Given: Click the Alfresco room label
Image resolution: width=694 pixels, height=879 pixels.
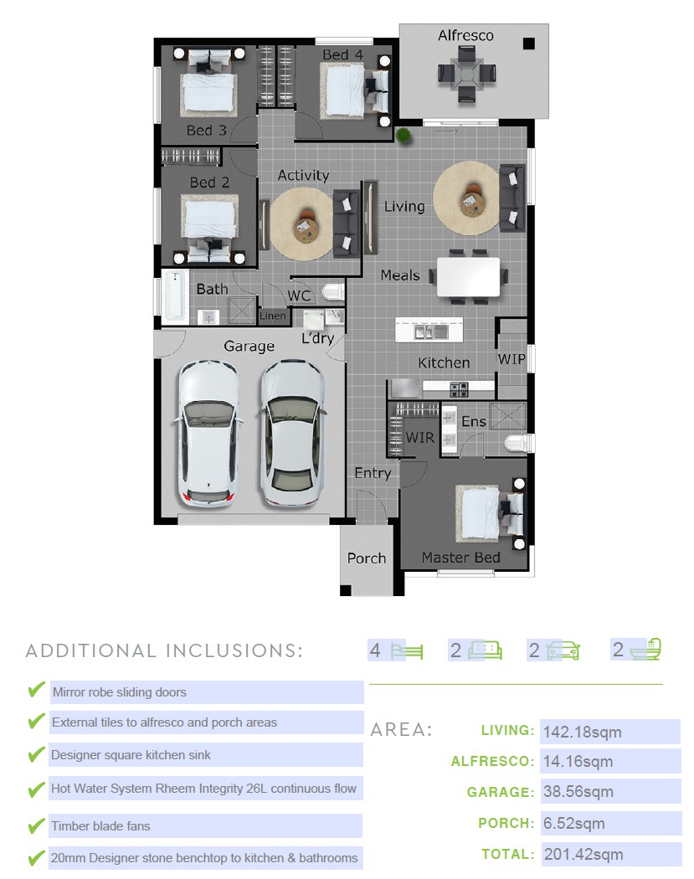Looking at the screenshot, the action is point(465,36).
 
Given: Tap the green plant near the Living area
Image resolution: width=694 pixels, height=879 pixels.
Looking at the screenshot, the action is point(402,135).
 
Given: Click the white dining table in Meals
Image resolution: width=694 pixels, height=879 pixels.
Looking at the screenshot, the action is point(468,277).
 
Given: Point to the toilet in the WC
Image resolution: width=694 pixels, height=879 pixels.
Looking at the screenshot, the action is point(332,292).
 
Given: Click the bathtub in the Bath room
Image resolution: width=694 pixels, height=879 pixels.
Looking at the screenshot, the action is point(175,296).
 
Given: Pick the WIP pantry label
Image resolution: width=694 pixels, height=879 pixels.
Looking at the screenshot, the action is point(512,359).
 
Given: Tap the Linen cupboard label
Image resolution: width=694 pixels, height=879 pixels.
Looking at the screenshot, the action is point(273,316).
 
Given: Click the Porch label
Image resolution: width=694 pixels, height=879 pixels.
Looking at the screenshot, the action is point(367,558).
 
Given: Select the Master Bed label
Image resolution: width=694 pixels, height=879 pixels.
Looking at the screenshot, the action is point(460,558).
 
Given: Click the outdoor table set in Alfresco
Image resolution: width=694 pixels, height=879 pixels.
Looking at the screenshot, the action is point(466,75).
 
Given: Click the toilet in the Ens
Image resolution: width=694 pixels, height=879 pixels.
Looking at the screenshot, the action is point(516,444).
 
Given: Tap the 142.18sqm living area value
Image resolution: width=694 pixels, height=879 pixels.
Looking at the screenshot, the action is point(583,732).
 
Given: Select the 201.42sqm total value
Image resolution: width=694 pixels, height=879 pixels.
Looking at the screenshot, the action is point(583,855).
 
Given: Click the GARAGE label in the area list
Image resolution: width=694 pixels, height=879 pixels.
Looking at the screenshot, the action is point(501,792).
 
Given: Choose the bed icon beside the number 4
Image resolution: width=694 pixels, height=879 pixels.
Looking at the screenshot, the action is point(407,650).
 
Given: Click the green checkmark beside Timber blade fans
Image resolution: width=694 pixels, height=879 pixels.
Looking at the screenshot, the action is point(37,825).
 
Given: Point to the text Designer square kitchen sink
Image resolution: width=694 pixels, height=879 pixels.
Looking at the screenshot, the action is point(131,755).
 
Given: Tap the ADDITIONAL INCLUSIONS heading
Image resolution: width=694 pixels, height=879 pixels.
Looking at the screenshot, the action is point(164,650).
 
